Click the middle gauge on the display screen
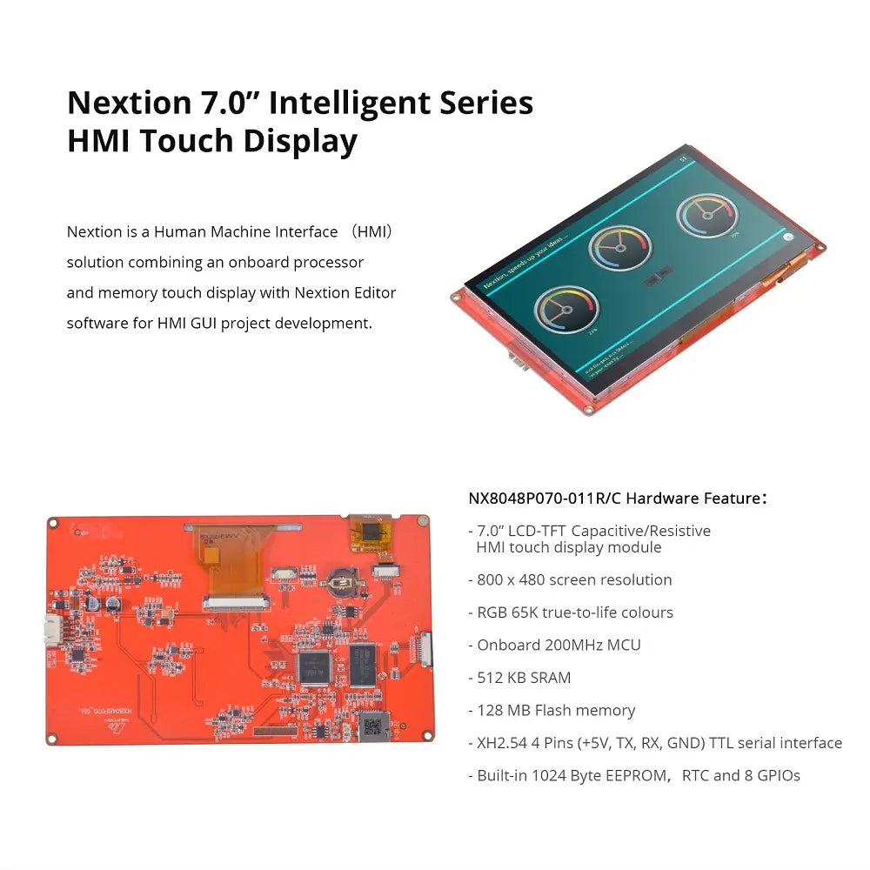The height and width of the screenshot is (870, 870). click(x=619, y=247)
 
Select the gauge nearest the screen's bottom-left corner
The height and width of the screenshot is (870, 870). click(x=566, y=309)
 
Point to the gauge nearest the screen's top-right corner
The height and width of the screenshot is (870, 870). click(x=707, y=216)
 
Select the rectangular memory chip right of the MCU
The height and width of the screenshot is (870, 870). click(x=362, y=663)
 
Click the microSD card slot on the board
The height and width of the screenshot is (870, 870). click(x=374, y=725)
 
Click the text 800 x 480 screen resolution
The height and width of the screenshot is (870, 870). click(x=574, y=580)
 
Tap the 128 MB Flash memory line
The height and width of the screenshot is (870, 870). click(x=556, y=711)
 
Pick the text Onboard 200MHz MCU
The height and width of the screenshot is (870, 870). click(x=559, y=645)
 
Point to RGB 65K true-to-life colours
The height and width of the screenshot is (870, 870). click(x=575, y=612)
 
